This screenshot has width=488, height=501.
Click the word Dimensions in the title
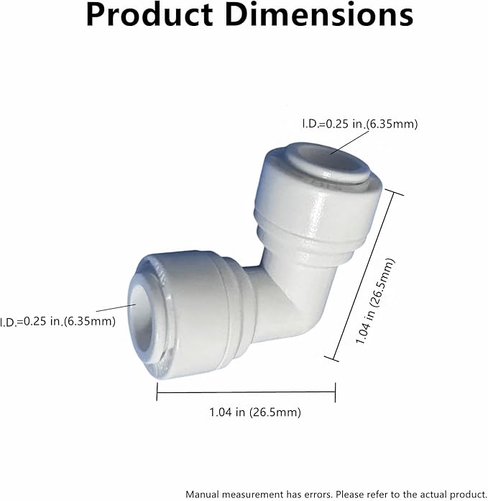326,16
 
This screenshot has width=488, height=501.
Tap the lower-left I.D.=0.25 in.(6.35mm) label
57,321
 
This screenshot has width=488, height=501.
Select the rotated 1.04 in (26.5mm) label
376,302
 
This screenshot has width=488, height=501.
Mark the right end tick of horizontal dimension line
336,392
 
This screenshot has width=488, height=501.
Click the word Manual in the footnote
203,494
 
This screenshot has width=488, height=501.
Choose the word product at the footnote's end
466,494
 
